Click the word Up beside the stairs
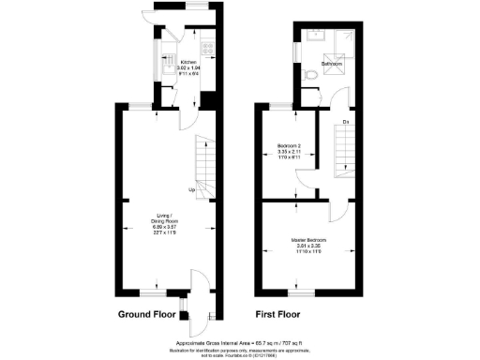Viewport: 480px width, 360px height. pyautogui.click(x=191, y=190)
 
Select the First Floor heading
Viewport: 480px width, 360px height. pyautogui.click(x=284, y=316)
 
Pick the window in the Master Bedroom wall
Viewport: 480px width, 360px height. pyautogui.click(x=298, y=292)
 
